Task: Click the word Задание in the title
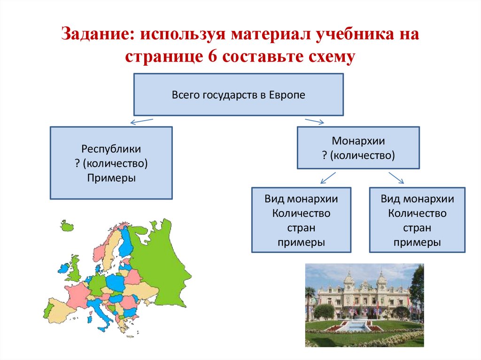[96, 35]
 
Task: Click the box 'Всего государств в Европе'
[238, 94]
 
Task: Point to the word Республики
[111, 149]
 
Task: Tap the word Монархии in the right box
[358, 141]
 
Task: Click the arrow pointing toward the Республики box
[141, 122]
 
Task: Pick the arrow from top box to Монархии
[314, 122]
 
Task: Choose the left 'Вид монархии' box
[301, 220]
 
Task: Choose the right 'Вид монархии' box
[417, 220]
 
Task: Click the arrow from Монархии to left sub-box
[327, 177]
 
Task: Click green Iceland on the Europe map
[68, 226]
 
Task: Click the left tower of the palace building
[349, 282]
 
